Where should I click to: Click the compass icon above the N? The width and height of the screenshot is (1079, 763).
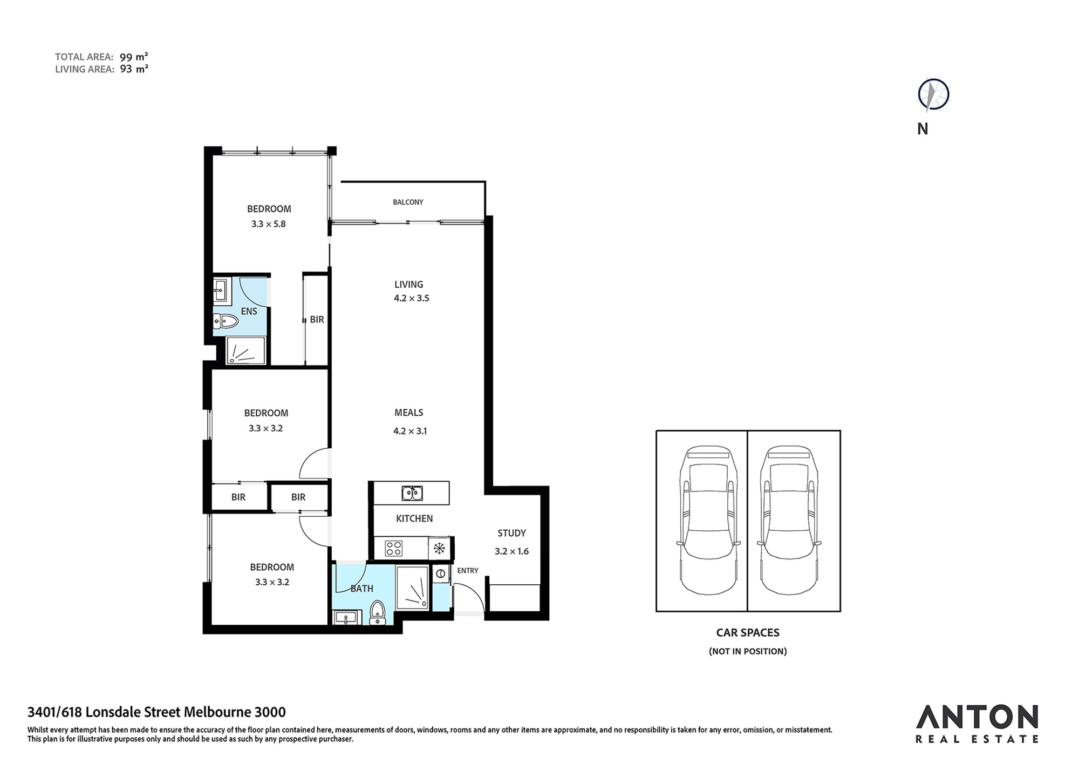933,95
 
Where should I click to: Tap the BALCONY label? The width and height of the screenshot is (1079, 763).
408,202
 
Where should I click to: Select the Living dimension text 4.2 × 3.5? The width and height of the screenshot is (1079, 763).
412,298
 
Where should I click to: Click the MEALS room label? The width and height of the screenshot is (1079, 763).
409,413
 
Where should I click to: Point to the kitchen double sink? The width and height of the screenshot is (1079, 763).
412,493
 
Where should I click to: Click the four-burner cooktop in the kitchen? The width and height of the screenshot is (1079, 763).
393,549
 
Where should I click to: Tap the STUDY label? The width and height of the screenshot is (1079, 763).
511,533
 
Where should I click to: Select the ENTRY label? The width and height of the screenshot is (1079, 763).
468,571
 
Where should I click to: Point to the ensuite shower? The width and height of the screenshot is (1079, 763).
246,350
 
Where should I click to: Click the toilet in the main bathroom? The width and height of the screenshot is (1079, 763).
378,613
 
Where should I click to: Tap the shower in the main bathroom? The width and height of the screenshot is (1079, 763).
412,588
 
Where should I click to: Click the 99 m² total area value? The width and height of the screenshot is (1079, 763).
134,57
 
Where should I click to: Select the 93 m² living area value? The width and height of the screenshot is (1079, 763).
134,69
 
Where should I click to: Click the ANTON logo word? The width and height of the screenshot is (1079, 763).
977,717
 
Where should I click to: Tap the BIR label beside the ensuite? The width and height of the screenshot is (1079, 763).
317,320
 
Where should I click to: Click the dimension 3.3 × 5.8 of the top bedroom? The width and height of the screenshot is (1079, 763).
269,224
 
